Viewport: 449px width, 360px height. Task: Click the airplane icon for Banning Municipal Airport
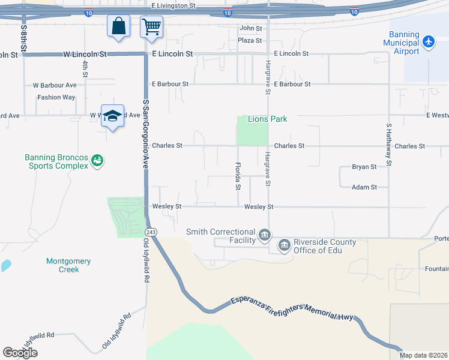(x=428, y=41)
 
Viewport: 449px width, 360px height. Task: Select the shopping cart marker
(x=151, y=26)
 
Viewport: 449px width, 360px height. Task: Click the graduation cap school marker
(x=112, y=116)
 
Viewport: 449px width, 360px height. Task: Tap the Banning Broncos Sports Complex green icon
(x=97, y=160)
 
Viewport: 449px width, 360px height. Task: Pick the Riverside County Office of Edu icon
(x=284, y=244)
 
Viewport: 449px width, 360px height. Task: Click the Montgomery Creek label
(x=68, y=265)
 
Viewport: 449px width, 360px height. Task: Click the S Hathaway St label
(x=389, y=144)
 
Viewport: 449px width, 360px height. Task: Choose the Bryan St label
(x=364, y=167)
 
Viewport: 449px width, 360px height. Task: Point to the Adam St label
(x=364, y=187)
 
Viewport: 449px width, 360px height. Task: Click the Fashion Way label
(x=56, y=97)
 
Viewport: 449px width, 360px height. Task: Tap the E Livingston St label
(x=174, y=5)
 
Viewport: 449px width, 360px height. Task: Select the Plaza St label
(x=250, y=41)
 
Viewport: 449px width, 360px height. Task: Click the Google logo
(x=20, y=352)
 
